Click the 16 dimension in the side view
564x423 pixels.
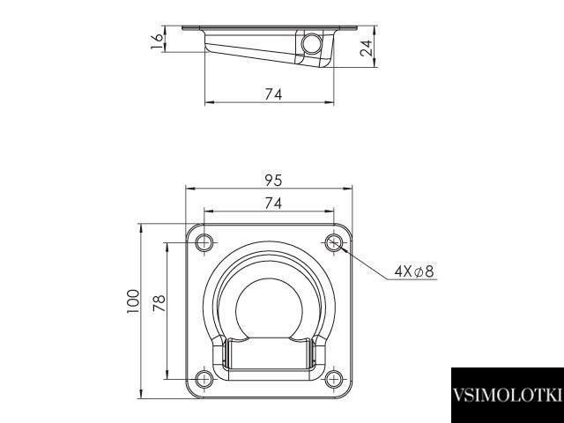click(x=157, y=41)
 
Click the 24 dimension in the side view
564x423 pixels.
click(x=367, y=48)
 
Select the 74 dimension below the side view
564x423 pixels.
click(x=273, y=94)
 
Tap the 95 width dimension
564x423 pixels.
click(x=273, y=180)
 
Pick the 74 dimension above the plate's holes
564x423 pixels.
click(x=273, y=204)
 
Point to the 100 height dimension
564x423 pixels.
click(x=133, y=301)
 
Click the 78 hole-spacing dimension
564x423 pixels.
click(x=159, y=303)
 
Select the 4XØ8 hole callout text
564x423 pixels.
click(x=414, y=271)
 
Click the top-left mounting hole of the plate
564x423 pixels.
click(x=204, y=243)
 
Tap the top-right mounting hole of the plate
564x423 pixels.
click(x=334, y=243)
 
